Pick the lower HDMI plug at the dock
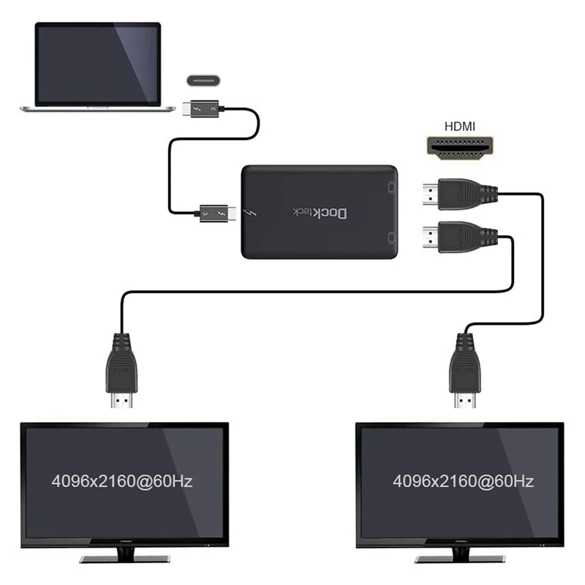(453, 238)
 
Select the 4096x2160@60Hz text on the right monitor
(463, 481)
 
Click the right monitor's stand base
(459, 558)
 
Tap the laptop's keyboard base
(98, 109)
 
